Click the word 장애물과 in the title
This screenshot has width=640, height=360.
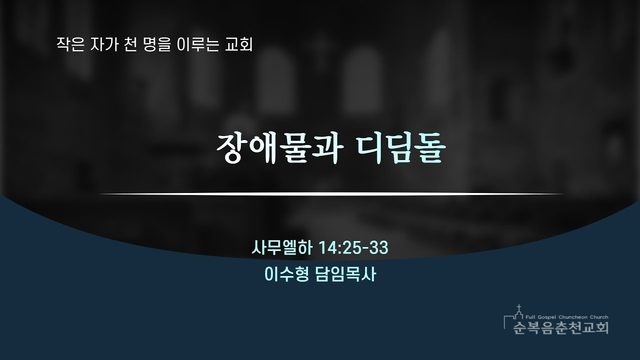tap(278, 149)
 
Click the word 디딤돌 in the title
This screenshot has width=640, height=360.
tap(401, 149)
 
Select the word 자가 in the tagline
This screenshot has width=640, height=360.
tap(104, 44)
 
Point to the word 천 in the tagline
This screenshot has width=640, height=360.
tap(130, 44)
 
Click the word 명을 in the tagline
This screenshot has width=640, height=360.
tap(157, 44)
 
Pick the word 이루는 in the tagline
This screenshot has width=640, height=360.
tap(198, 44)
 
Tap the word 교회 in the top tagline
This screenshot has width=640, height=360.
tap(239, 44)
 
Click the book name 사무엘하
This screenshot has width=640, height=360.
tap(282, 248)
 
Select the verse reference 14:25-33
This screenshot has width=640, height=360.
tap(353, 248)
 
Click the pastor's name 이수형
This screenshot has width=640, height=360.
tap(287, 274)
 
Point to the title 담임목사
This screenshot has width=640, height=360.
tap(346, 274)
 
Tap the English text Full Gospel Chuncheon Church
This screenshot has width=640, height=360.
tap(567, 317)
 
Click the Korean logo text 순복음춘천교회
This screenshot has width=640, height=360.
tap(561, 327)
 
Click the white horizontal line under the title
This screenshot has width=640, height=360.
tap(332, 194)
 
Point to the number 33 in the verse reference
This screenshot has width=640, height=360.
tap(379, 248)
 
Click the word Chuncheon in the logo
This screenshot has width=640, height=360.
tap(571, 317)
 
